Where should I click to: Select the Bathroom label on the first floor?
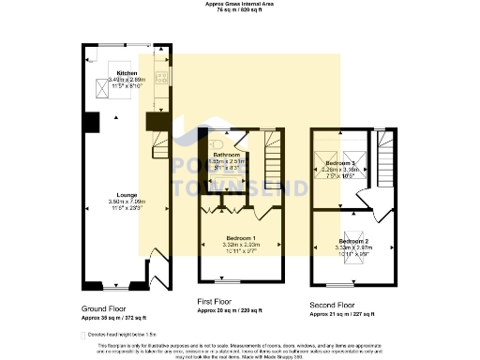[227, 155]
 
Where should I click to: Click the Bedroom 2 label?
[353, 242]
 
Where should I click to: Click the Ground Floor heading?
[103, 307]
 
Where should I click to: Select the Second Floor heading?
[332, 305]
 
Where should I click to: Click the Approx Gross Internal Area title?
[239, 4]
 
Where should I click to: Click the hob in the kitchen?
[161, 78]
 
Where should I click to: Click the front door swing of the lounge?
[156, 278]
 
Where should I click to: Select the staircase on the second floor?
[385, 160]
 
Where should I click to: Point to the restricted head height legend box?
[83, 332]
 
